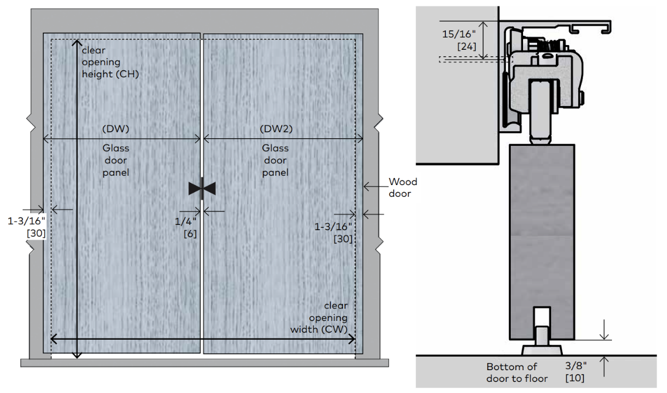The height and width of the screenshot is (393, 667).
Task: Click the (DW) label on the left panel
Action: pyautogui.click(x=116, y=129)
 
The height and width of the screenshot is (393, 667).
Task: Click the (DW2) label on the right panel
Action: pyautogui.click(x=276, y=129)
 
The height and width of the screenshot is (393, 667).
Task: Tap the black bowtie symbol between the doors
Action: pyautogui.click(x=202, y=188)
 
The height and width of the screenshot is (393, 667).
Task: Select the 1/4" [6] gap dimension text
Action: pyautogui.click(x=186, y=227)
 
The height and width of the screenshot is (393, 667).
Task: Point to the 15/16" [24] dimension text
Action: pyautogui.click(x=459, y=40)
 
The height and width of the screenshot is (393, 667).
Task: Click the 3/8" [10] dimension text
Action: pyautogui.click(x=576, y=372)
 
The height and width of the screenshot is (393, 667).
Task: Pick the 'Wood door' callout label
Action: pyautogui.click(x=403, y=187)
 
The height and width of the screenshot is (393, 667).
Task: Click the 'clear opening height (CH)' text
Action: pyautogui.click(x=110, y=62)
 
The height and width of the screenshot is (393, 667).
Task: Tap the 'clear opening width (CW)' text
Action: pyautogui.click(x=319, y=317)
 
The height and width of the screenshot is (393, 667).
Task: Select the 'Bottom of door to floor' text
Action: pyautogui.click(x=517, y=373)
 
